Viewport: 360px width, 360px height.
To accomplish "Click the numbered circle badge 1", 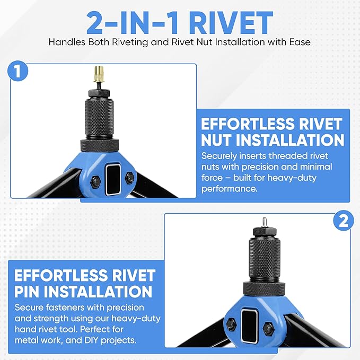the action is [18, 71].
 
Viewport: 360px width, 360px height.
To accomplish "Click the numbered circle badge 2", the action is [344, 221].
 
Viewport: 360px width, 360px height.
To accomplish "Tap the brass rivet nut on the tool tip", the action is [99, 74].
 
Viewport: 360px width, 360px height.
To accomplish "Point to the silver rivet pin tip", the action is [265, 222].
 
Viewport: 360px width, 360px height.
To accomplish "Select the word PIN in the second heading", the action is [27, 292].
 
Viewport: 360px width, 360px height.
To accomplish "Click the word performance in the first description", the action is [230, 189].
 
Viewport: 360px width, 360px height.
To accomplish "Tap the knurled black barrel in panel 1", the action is [99, 118].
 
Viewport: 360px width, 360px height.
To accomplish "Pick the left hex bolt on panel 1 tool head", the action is [95, 181].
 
